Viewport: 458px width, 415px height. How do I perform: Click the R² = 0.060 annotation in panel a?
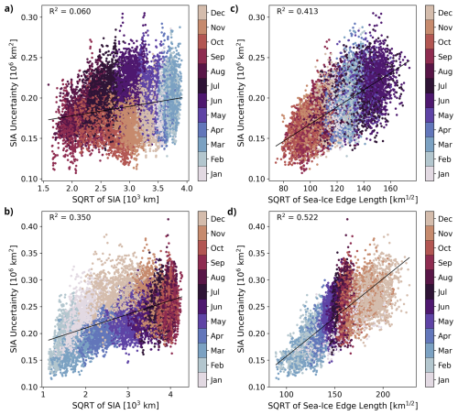(70, 11)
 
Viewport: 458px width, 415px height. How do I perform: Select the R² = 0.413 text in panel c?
(298, 11)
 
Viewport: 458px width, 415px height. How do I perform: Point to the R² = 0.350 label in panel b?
(70, 217)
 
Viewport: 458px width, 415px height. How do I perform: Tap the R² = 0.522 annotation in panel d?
(298, 217)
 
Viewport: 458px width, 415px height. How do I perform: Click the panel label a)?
(9, 8)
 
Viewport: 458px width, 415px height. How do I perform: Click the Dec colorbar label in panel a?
(218, 13)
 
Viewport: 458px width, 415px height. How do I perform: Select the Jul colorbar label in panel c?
(442, 86)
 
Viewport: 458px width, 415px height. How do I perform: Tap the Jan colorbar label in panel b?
(216, 380)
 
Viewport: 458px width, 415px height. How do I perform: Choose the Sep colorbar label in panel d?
(445, 263)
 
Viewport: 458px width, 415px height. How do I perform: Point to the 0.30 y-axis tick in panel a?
(29, 17)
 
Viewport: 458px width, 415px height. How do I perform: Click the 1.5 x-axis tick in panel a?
(43, 188)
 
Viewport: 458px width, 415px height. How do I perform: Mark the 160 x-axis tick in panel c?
(390, 188)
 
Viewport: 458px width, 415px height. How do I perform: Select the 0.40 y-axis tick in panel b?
(29, 226)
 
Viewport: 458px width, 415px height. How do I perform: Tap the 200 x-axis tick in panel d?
(383, 395)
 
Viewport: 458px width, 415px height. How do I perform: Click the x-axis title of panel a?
(115, 200)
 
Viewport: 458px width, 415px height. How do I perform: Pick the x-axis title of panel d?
(343, 405)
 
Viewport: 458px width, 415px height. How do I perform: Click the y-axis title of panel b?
(14, 299)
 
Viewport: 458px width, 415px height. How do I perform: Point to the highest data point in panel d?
(347, 219)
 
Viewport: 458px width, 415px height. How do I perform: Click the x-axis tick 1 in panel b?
(43, 395)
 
